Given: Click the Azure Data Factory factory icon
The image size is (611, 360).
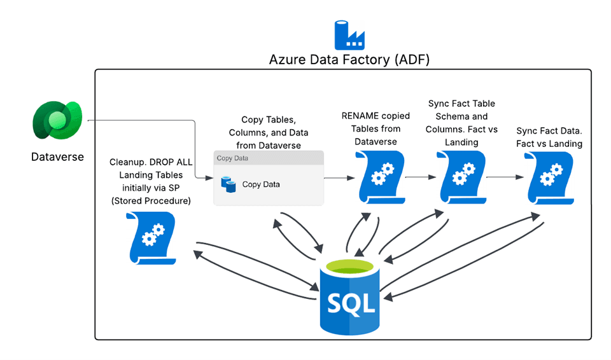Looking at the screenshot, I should tap(349, 36).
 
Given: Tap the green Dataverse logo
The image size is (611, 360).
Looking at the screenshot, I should tap(58, 121).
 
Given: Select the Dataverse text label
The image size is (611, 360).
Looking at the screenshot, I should tap(57, 156).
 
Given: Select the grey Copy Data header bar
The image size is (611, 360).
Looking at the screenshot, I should tap(268, 158).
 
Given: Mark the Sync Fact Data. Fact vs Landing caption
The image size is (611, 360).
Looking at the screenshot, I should tap(549, 137).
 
